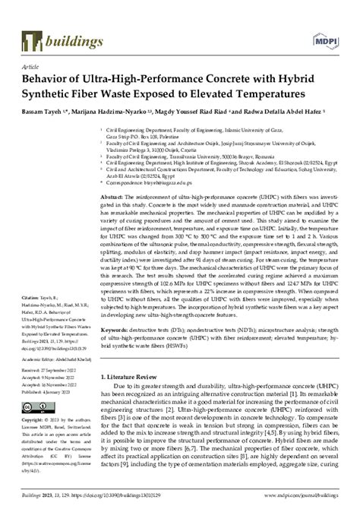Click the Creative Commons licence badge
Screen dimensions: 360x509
[x=32, y=407]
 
